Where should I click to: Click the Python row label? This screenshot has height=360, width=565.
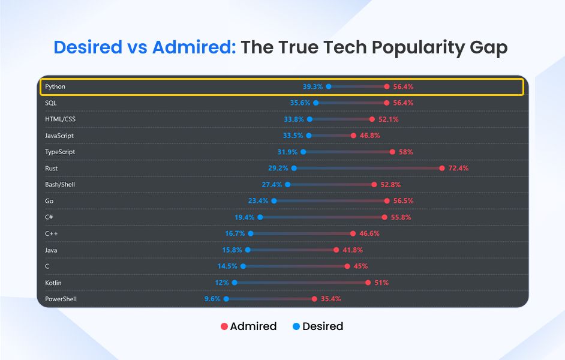click(55, 86)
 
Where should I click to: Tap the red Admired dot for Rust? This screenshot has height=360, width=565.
click(442, 168)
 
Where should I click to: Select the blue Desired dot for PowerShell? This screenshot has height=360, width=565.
click(226, 298)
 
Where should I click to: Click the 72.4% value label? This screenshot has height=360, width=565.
click(458, 168)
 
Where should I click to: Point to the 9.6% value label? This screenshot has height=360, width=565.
click(212, 298)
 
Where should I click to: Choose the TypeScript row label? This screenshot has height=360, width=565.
click(60, 152)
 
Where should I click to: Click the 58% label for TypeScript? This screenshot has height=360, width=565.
click(406, 152)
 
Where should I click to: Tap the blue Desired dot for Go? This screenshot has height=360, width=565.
click(274, 200)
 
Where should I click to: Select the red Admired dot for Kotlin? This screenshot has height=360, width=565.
click(368, 282)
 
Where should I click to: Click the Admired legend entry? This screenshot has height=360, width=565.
click(248, 326)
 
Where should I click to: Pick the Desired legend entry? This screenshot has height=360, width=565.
click(317, 326)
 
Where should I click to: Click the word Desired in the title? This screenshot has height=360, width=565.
click(90, 47)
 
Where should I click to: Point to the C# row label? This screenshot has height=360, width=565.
click(50, 217)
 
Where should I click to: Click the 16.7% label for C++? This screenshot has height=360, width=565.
click(235, 233)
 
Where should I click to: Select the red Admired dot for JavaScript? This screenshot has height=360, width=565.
click(354, 136)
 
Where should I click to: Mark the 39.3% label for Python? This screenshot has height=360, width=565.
click(312, 86)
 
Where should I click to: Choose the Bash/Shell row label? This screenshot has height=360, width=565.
click(60, 184)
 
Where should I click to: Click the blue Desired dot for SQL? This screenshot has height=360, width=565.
click(316, 103)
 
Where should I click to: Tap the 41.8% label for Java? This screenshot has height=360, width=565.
click(353, 250)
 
